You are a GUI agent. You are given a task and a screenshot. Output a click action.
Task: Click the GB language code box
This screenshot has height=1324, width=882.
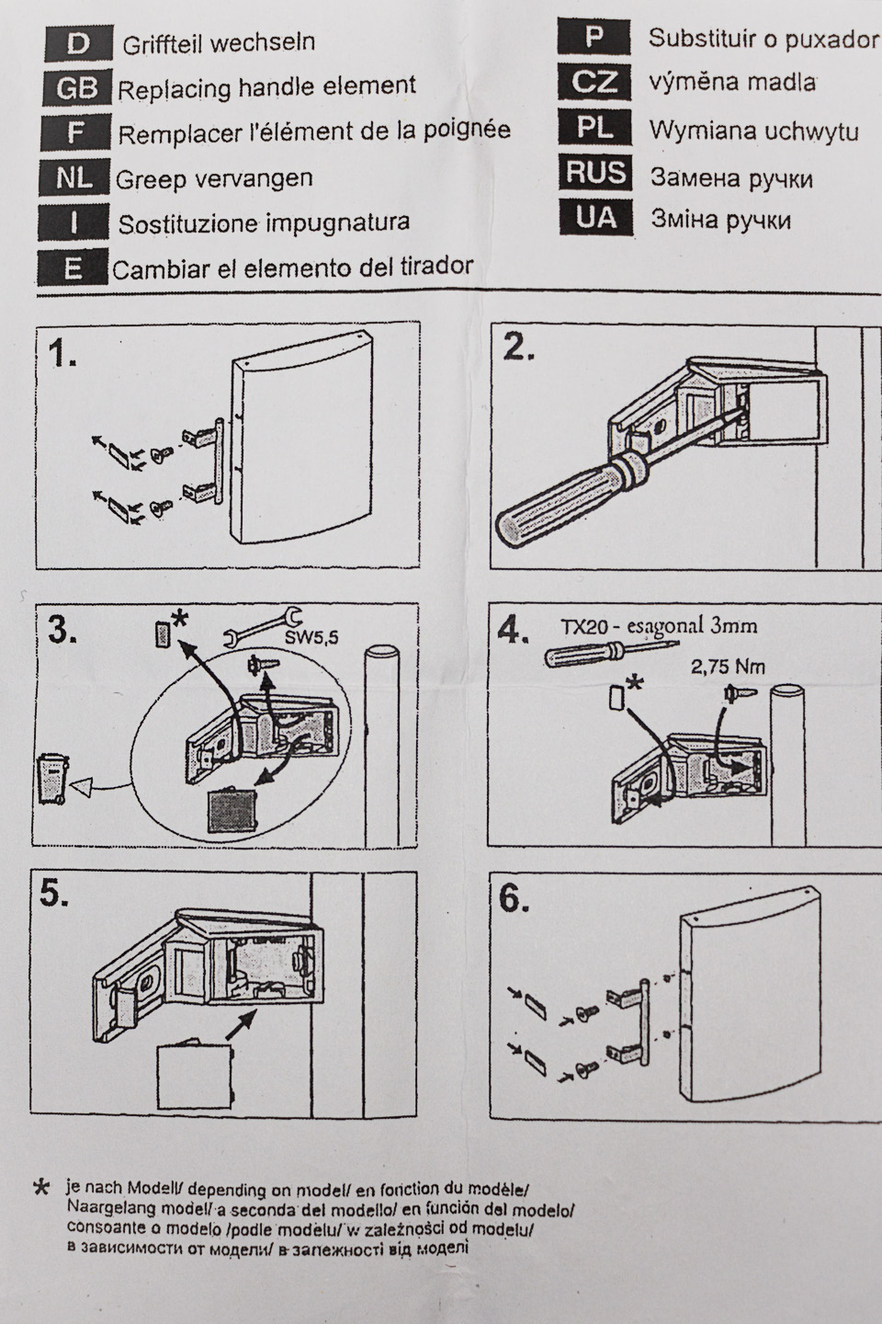(x=76, y=88)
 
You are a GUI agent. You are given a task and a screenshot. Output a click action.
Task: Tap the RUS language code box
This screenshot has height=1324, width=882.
(x=595, y=173)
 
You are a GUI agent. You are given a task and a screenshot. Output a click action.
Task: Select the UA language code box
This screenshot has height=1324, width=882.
(x=595, y=218)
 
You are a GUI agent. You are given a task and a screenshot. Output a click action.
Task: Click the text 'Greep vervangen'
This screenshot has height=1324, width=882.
(x=214, y=178)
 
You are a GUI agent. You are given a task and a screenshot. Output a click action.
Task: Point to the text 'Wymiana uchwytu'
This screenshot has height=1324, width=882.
(x=753, y=131)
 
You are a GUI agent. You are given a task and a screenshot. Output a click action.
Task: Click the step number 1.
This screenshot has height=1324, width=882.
(x=62, y=353)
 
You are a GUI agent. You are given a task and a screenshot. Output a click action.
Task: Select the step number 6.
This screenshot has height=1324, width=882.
(x=514, y=900)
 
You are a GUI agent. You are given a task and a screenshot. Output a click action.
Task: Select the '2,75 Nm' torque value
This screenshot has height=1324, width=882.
(x=728, y=668)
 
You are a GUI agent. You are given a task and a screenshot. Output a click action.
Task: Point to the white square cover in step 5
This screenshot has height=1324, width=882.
(x=194, y=1073)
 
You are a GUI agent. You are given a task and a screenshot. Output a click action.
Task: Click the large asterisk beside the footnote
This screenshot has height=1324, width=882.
(x=41, y=1189)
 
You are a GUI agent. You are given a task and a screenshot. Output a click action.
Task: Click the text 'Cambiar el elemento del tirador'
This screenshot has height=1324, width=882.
(x=292, y=268)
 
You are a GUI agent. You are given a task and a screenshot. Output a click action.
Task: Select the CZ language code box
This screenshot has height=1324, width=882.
(x=595, y=83)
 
